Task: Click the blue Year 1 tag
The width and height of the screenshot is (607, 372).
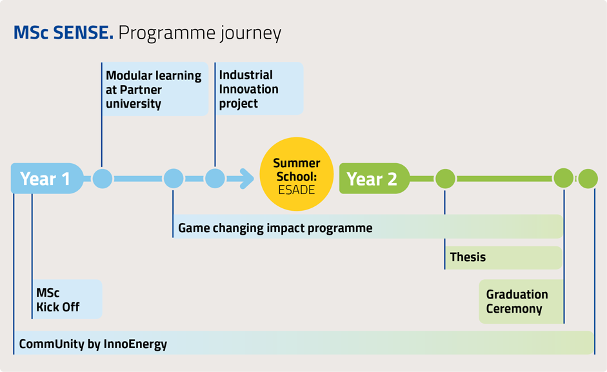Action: click(x=47, y=179)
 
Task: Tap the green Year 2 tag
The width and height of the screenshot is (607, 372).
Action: click(x=374, y=179)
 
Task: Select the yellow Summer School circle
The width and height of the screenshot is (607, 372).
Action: click(x=297, y=174)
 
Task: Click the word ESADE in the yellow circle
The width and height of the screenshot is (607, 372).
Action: click(x=297, y=190)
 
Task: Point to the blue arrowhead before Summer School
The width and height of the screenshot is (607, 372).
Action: click(x=246, y=179)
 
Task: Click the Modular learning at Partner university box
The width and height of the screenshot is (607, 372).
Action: click(x=155, y=89)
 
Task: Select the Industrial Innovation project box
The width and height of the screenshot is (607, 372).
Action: click(x=259, y=88)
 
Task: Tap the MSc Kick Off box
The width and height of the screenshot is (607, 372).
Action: click(x=66, y=299)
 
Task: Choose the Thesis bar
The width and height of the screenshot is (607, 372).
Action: click(x=503, y=257)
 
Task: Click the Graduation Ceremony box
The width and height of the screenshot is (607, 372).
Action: click(x=521, y=302)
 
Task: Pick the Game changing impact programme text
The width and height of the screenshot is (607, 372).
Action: click(x=275, y=228)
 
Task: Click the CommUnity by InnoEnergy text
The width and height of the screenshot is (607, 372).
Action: click(x=93, y=344)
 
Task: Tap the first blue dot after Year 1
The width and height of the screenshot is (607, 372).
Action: click(x=103, y=179)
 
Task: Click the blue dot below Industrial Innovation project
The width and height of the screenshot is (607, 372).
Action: click(x=215, y=179)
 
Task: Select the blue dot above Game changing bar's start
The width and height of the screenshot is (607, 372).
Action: click(x=174, y=179)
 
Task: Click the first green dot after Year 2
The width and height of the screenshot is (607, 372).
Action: click(x=445, y=179)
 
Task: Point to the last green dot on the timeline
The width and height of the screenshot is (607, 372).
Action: click(x=588, y=179)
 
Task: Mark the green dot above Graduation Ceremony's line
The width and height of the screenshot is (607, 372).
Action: click(x=564, y=179)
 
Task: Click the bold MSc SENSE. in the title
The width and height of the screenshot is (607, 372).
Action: click(x=63, y=32)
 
